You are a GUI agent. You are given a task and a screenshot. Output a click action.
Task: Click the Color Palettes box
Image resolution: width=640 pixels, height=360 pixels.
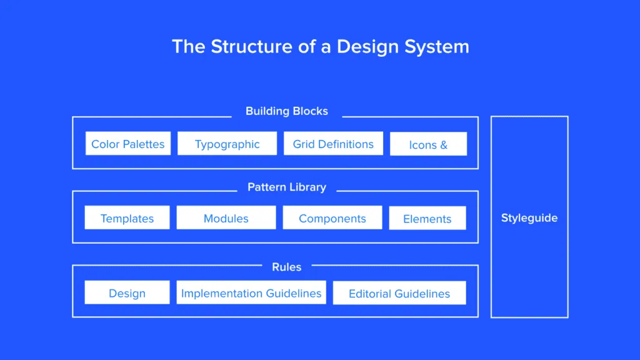pos(127,144)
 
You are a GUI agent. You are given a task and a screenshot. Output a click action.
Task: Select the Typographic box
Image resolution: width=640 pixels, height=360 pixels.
pos(227,144)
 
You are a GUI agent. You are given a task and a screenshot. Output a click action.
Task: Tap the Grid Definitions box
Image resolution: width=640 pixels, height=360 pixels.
pos(333,144)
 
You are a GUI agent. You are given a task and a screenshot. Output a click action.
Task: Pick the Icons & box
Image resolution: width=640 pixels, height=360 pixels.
pos(428,144)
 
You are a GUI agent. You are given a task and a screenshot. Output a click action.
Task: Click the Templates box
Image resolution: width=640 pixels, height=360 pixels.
pos(127,218)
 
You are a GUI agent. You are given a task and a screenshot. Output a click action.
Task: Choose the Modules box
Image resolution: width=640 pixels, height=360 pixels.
pos(226,218)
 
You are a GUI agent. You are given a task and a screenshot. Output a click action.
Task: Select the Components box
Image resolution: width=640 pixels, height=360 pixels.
pos(332,218)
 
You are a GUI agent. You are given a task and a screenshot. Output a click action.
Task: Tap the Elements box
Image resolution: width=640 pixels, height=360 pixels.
pos(427,219)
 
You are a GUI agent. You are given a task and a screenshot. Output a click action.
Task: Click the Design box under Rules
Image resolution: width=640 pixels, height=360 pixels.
pos(127,293)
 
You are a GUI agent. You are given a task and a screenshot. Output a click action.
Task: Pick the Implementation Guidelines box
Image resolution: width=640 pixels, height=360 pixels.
pos(251,292)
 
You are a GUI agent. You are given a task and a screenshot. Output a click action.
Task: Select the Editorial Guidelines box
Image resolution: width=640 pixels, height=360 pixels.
pos(399,293)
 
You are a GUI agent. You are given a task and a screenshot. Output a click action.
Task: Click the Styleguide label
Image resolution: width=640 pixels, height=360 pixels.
pos(529,217)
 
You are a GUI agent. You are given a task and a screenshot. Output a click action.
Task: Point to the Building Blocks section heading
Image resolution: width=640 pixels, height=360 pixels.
pos(286,111)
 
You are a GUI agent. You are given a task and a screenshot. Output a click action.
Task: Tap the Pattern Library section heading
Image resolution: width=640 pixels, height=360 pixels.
pos(286,187)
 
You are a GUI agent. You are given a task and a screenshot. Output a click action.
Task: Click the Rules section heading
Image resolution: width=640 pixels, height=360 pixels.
pos(286,267)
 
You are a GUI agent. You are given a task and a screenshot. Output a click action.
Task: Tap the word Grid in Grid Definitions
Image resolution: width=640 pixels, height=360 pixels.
pos(304,144)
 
